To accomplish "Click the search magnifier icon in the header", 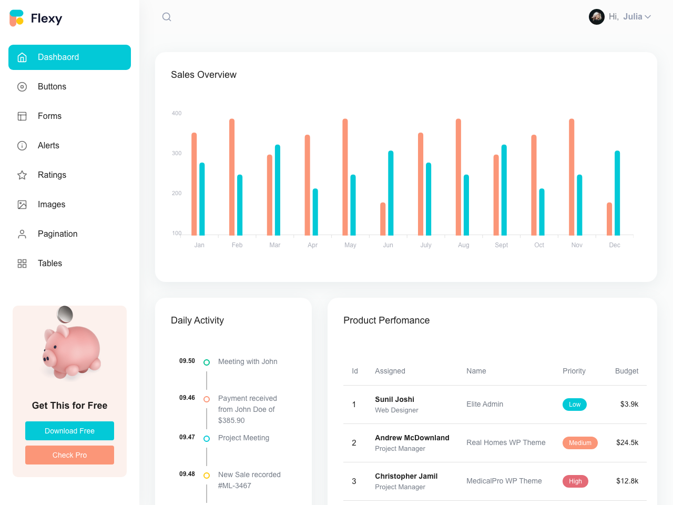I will [x=167, y=17].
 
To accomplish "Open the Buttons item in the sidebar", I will [x=52, y=87].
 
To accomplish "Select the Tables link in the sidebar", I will [x=49, y=264].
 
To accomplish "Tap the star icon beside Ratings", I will [x=22, y=175].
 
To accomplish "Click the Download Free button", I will [x=69, y=431].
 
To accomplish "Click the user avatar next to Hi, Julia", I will [x=596, y=17].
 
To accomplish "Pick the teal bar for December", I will [x=617, y=193].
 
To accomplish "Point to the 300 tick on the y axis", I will [x=177, y=154].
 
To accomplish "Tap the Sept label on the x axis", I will [x=501, y=245].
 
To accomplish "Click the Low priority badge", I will [x=575, y=405].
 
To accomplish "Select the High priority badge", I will [x=575, y=481].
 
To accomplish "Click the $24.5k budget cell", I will [x=627, y=443].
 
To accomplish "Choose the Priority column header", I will [x=574, y=371].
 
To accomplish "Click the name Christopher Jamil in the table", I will [x=406, y=476].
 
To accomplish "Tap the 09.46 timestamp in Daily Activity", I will [x=187, y=398].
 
